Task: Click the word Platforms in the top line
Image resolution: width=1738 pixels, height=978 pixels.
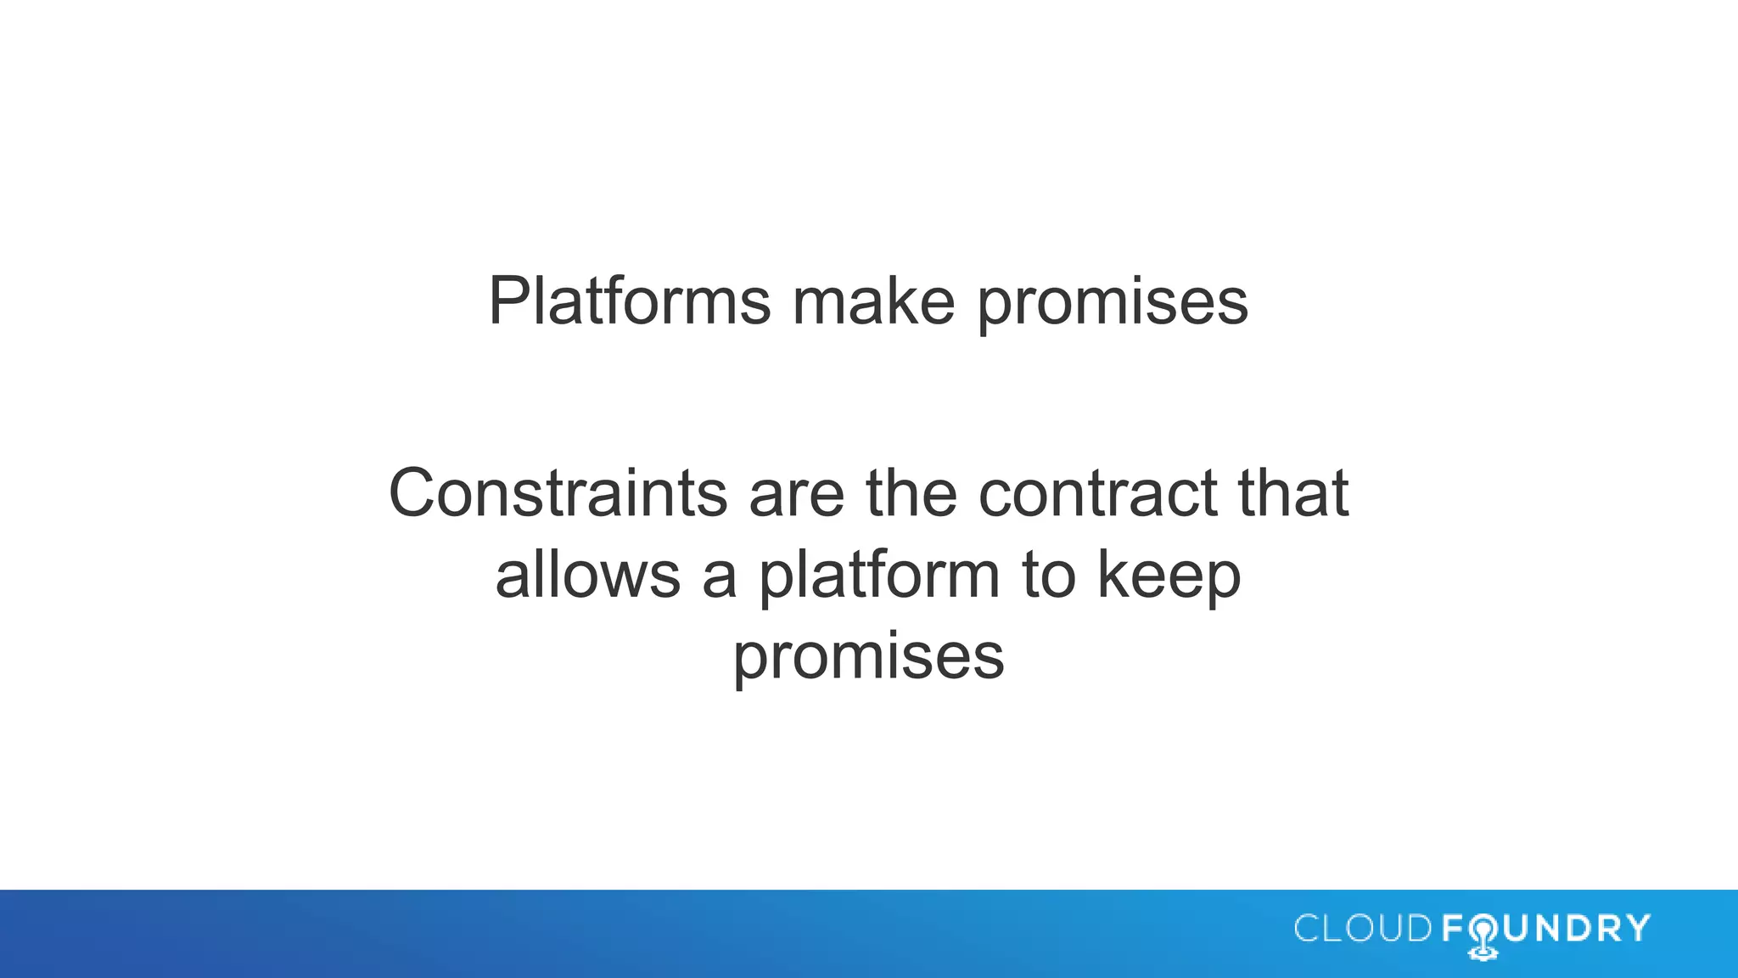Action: coord(630,301)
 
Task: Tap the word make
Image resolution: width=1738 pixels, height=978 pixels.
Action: coord(873,301)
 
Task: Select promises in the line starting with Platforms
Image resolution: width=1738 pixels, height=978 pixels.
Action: coord(1113,304)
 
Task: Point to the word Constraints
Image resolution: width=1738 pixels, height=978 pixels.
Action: coord(558,492)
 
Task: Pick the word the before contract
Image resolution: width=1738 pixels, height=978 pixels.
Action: coord(911,492)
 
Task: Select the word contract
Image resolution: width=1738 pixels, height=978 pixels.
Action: coord(1097,494)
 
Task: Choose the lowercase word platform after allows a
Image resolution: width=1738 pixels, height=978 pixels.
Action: coord(879,576)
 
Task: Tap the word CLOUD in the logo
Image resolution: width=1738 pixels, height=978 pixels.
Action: coord(1363,929)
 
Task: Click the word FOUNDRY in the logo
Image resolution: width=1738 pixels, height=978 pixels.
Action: coord(1545,929)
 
